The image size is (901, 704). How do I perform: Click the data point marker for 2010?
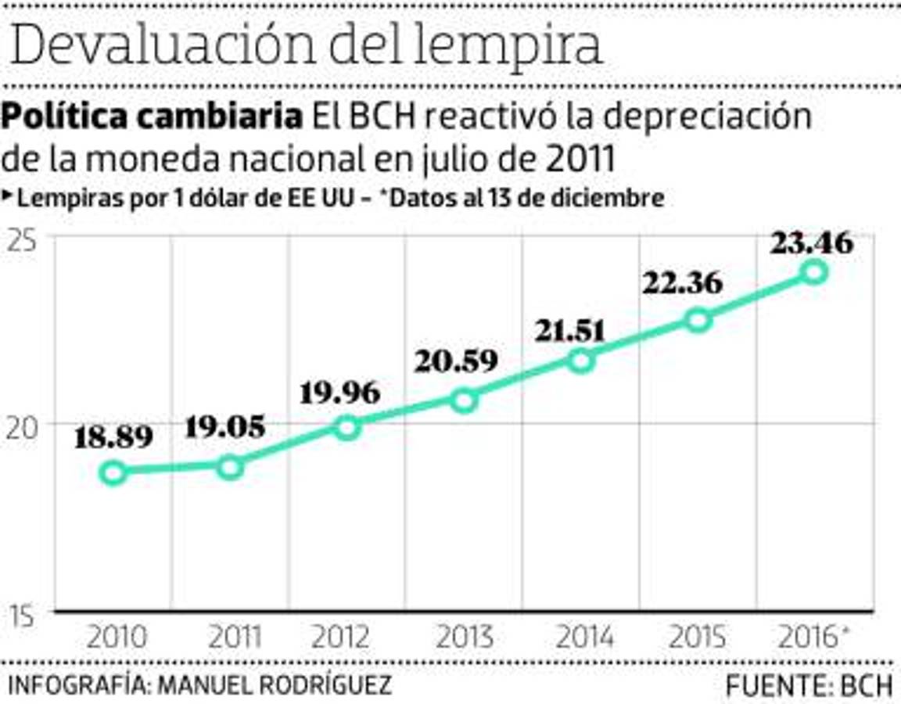coord(113,472)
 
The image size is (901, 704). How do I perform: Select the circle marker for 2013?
coord(465,400)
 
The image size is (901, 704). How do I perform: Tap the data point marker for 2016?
coord(815,271)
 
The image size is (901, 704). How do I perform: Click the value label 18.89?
coord(113,437)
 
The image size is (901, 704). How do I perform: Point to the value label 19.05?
coord(225,427)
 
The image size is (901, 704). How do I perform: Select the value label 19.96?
coord(340,391)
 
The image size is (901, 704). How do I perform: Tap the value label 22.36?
coord(683,283)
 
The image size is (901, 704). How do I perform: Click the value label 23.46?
coord(812,243)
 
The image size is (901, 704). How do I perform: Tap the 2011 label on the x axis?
coord(234,638)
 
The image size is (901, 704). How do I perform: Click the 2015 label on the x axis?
coord(698,638)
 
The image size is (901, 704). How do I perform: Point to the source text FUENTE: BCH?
coord(809,686)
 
